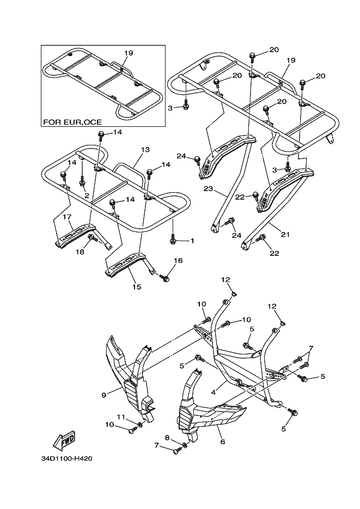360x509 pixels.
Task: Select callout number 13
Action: point(145,149)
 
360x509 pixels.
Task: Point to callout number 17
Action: point(67,217)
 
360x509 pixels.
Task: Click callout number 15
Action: point(136,286)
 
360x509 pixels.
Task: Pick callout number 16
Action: point(178,261)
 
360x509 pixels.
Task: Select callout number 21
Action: point(285,235)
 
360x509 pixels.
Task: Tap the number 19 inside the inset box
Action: point(129,53)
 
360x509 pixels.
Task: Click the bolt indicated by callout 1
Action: point(173,240)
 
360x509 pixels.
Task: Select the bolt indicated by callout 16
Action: point(166,278)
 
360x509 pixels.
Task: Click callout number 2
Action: point(86,195)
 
